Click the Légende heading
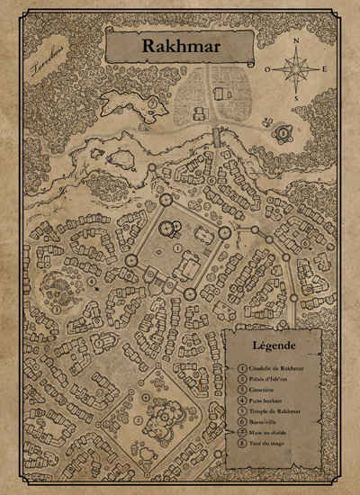[275, 345]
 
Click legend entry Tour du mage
[268, 448]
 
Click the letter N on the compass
[297, 40]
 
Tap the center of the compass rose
[297, 67]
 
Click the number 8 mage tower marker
[282, 132]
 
